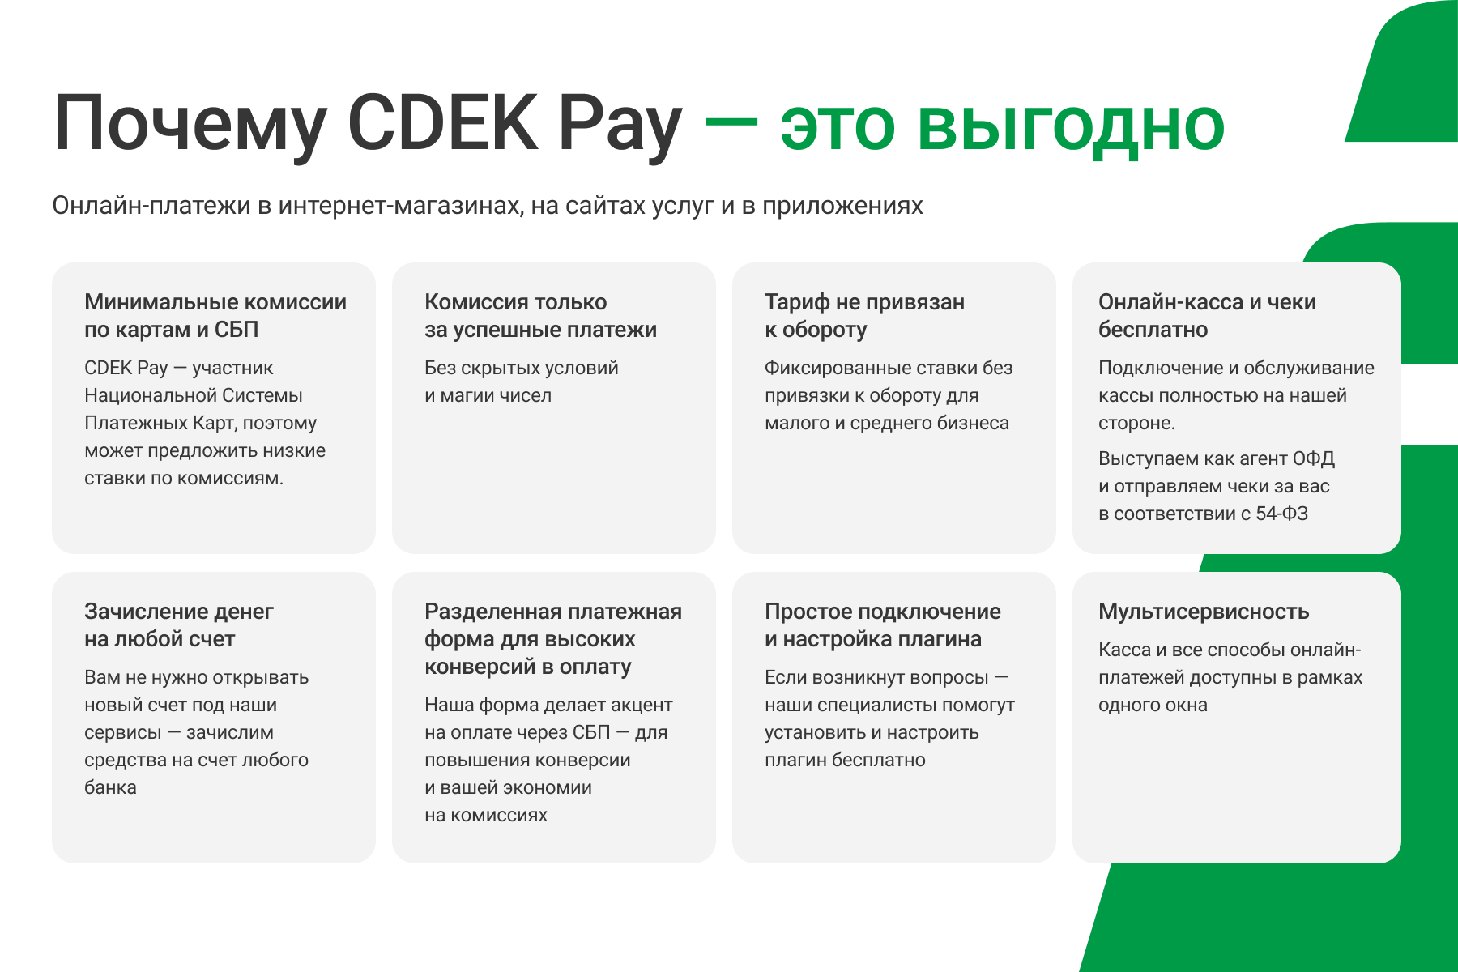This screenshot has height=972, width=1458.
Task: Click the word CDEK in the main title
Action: click(x=443, y=124)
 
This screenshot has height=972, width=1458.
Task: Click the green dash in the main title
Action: click(x=731, y=122)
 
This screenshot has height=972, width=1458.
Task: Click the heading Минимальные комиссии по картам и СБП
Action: click(x=215, y=316)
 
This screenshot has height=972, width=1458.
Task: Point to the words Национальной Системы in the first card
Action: click(x=194, y=395)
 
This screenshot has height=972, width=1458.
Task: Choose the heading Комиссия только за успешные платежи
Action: click(x=540, y=316)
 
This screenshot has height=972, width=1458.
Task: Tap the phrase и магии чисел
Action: click(x=488, y=395)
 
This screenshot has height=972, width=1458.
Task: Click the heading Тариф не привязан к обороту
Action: click(x=864, y=316)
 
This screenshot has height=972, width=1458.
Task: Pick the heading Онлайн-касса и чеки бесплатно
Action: click(x=1207, y=316)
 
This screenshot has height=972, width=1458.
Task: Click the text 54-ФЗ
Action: click(x=1281, y=514)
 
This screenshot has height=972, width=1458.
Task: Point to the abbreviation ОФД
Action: click(x=1313, y=458)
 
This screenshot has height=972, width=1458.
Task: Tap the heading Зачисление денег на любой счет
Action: click(x=178, y=625)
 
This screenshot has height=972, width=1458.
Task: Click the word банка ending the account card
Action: click(x=110, y=787)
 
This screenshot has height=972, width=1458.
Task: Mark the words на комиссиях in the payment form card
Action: click(x=486, y=815)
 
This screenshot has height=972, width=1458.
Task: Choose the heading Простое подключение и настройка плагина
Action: click(x=882, y=625)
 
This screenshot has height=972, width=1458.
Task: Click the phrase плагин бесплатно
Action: click(x=845, y=760)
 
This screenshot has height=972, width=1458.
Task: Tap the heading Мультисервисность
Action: click(x=1204, y=612)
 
